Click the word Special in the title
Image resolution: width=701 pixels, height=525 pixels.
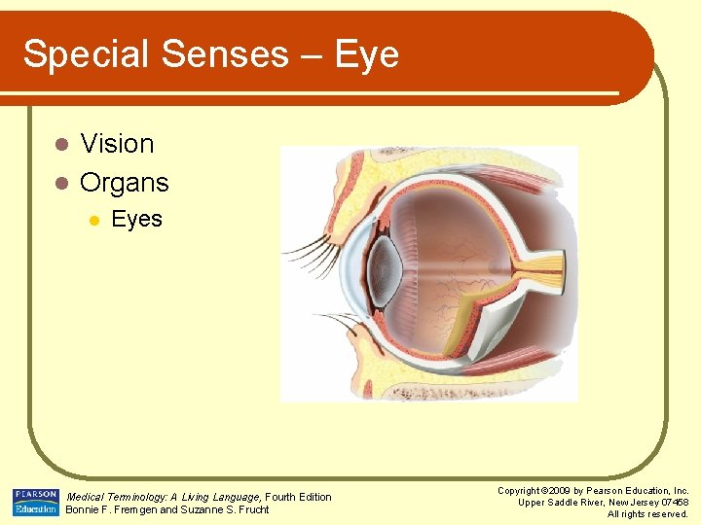tap(85, 54)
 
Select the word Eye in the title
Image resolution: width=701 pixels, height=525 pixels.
tap(367, 54)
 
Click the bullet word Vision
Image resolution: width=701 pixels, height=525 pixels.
tap(117, 144)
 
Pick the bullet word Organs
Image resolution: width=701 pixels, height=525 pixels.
tap(125, 182)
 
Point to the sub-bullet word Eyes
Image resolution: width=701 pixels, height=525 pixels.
tap(136, 219)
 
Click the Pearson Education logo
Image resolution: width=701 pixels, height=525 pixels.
tap(36, 502)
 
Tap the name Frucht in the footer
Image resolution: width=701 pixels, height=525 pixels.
tap(251, 509)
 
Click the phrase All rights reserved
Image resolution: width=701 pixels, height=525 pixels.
tap(647, 514)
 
